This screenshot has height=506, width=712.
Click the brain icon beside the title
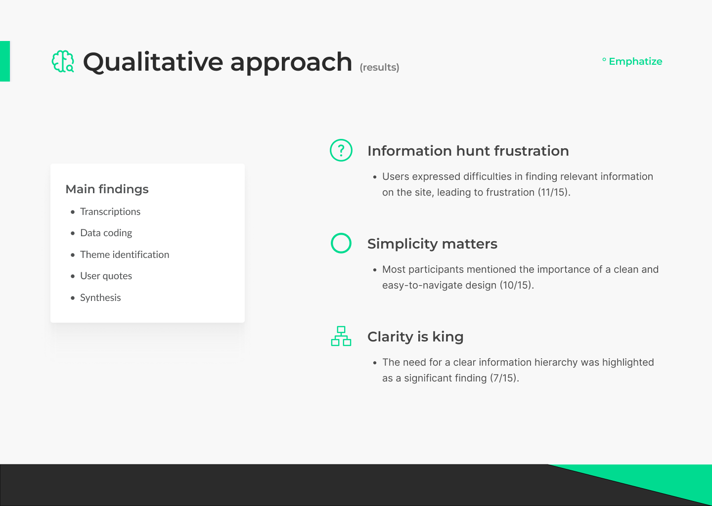coord(63,61)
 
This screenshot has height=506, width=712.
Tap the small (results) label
coord(379,67)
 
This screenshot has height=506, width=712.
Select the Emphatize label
coord(635,61)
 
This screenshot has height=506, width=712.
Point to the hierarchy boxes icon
coord(341,336)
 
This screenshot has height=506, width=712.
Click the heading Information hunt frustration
coord(468,151)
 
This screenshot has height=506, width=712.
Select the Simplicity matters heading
coord(432,244)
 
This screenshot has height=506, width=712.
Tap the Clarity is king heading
coord(415,337)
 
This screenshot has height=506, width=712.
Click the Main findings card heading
coord(107,189)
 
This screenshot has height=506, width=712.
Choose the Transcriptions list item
coord(110,211)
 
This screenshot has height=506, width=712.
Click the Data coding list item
coord(106,233)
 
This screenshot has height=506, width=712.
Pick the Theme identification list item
coord(125,254)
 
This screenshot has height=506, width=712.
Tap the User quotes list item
coord(106,276)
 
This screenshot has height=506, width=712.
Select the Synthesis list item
coord(100,297)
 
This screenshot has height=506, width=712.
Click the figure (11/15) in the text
coord(552,192)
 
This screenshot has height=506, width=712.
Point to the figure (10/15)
coord(515,285)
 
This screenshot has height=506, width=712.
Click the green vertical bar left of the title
coord(5,61)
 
